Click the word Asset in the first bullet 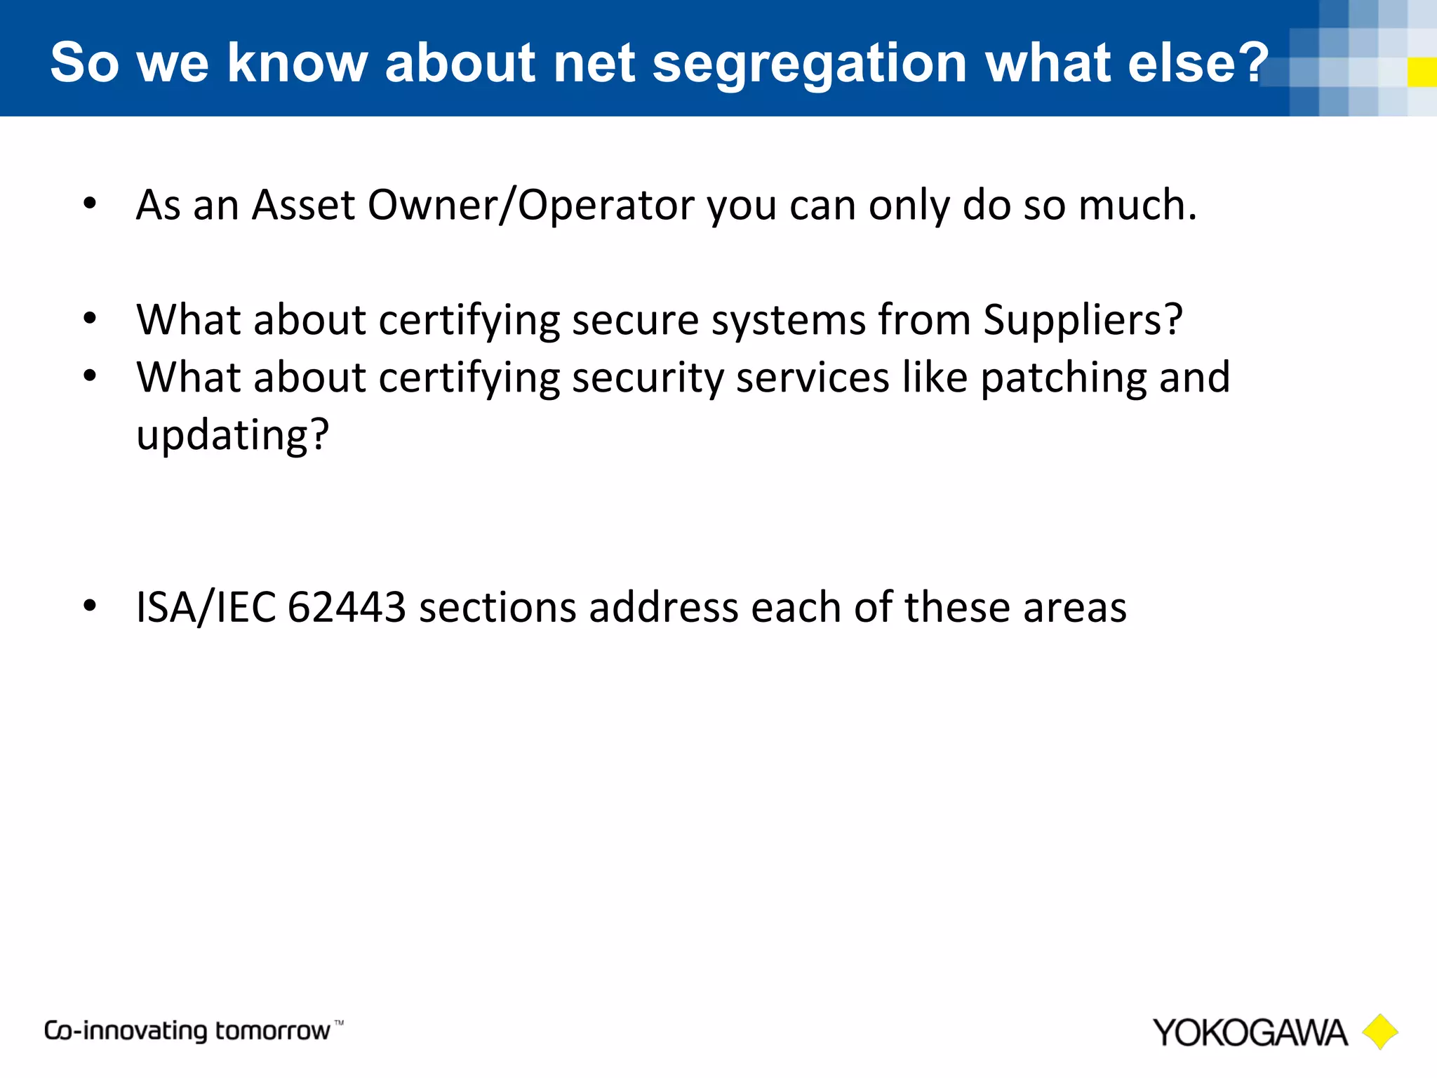pos(303,205)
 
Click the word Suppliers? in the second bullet pos(1083,321)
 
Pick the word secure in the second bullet pos(635,320)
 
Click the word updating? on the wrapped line pos(232,436)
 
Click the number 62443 pos(347,607)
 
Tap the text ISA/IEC pos(206,607)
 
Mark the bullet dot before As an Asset pos(89,204)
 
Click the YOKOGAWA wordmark pos(1250,1033)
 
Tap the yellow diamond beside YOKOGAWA pos(1379,1032)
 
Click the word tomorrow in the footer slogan pos(272,1031)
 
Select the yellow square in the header pos(1422,72)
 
